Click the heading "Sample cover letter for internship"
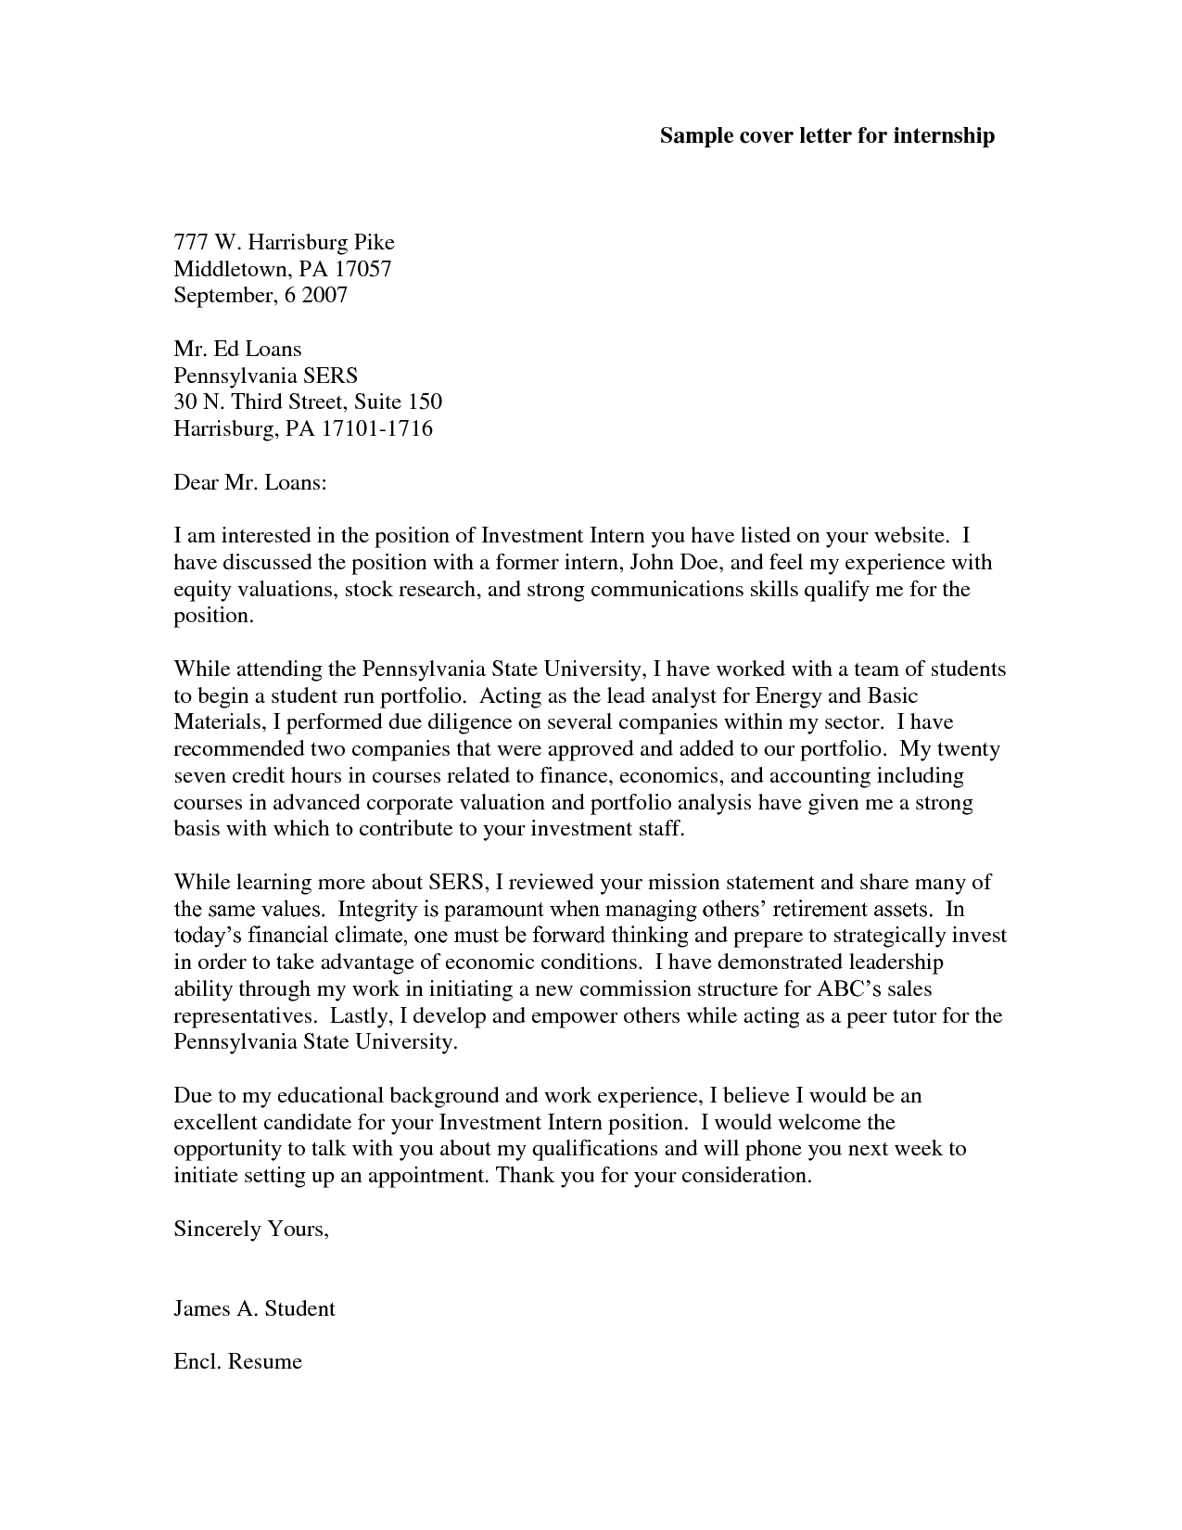point(827,135)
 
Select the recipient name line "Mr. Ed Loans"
point(237,349)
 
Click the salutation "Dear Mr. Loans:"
point(250,482)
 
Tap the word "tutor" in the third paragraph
point(910,1015)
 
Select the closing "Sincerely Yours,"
point(251,1229)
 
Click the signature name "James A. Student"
point(254,1308)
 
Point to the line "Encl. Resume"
point(237,1361)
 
